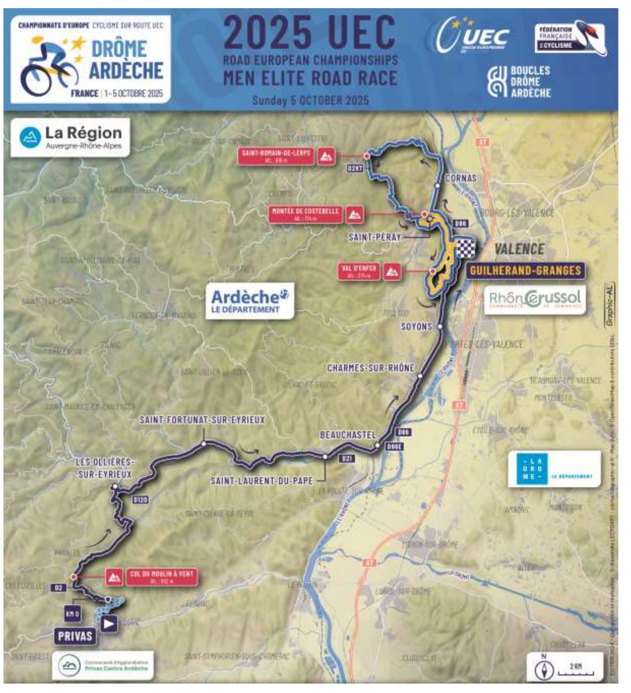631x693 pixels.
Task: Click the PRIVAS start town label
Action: coord(75,636)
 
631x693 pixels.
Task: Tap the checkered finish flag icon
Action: coord(466,248)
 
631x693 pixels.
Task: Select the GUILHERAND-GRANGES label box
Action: coord(525,271)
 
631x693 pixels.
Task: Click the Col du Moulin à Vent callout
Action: coord(161,577)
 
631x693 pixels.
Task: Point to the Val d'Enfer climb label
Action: coord(359,272)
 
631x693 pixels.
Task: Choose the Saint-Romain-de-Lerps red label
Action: coord(276,156)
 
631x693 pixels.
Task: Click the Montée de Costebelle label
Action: coord(305,214)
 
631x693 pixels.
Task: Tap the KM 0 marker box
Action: coord(73,614)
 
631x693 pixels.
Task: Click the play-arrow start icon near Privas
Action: coord(109,624)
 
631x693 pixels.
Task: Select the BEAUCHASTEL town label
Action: coord(348,435)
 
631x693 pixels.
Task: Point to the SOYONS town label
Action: coord(416,326)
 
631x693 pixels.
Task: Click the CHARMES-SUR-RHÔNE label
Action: coord(370,368)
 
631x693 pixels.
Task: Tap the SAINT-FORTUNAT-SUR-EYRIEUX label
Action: coord(202,420)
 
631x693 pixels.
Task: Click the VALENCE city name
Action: coord(519,249)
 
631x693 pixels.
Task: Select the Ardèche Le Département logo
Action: coord(250,301)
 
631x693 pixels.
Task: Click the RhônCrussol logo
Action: coord(535,299)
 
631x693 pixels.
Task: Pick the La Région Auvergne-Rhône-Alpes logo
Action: coord(70,137)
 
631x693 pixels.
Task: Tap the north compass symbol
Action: coord(544,670)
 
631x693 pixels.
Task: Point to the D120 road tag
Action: coord(141,500)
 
